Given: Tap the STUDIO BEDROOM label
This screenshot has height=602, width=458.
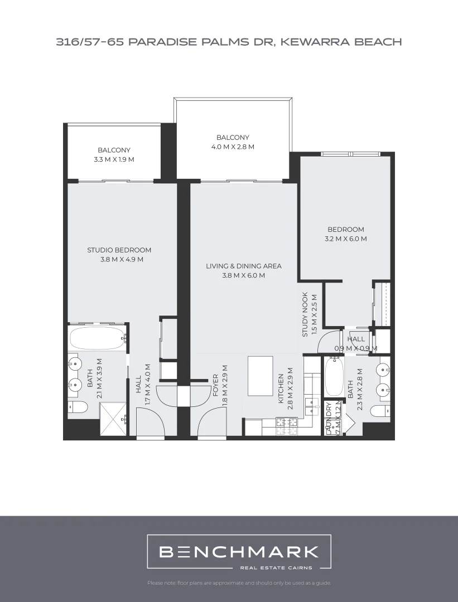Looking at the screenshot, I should (x=119, y=250).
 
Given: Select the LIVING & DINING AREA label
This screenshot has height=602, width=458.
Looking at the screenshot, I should (x=243, y=266).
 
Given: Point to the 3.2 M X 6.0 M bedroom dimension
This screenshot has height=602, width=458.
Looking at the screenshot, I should (x=345, y=239).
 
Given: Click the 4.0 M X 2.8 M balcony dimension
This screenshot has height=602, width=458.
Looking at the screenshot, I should (x=233, y=147).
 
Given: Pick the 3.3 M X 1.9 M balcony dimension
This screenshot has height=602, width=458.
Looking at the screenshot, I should (x=114, y=159).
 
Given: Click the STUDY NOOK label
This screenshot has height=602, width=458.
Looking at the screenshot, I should (x=305, y=314).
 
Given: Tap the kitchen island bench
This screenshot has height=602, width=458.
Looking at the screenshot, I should (x=261, y=376).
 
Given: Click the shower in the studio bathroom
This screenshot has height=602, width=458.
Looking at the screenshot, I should (x=113, y=419).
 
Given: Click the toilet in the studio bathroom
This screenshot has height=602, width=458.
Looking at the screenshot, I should (x=77, y=406).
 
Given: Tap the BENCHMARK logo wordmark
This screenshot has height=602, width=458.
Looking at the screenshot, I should (x=239, y=552).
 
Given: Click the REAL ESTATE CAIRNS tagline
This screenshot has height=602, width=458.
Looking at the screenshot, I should (x=276, y=568).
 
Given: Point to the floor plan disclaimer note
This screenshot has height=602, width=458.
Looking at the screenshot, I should (x=239, y=583).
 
